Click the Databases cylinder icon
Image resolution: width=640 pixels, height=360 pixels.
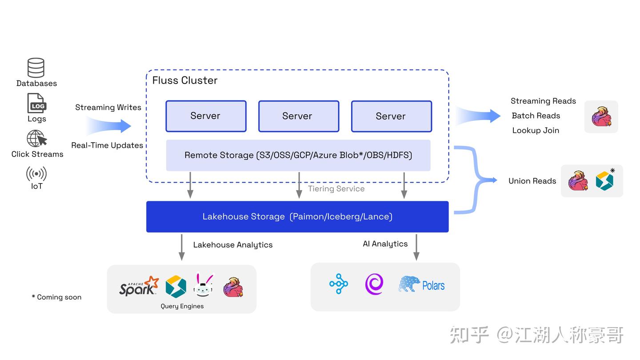point(36,68)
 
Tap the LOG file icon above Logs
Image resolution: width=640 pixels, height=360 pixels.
point(36,103)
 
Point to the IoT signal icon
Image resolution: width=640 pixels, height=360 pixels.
point(36,173)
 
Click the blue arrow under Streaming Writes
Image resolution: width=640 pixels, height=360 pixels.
point(109,126)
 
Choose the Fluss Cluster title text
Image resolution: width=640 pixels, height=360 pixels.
point(185,80)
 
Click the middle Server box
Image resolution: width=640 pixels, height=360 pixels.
point(298,116)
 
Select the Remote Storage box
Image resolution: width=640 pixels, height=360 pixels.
point(298,155)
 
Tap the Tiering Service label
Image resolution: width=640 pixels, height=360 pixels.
point(336,188)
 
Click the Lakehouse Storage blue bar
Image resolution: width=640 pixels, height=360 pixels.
point(297,216)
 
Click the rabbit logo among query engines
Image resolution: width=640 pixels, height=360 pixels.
point(203,285)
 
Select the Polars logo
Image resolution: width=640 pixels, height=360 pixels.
point(422,285)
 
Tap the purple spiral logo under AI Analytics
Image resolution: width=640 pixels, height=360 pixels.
point(374,284)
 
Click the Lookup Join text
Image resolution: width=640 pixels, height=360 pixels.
point(536,130)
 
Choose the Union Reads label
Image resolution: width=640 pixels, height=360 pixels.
point(532,181)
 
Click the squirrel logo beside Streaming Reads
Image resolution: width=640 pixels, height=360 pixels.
point(601,116)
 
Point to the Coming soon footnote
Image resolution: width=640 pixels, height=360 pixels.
point(56,297)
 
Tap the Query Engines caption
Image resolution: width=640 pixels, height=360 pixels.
point(182,306)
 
